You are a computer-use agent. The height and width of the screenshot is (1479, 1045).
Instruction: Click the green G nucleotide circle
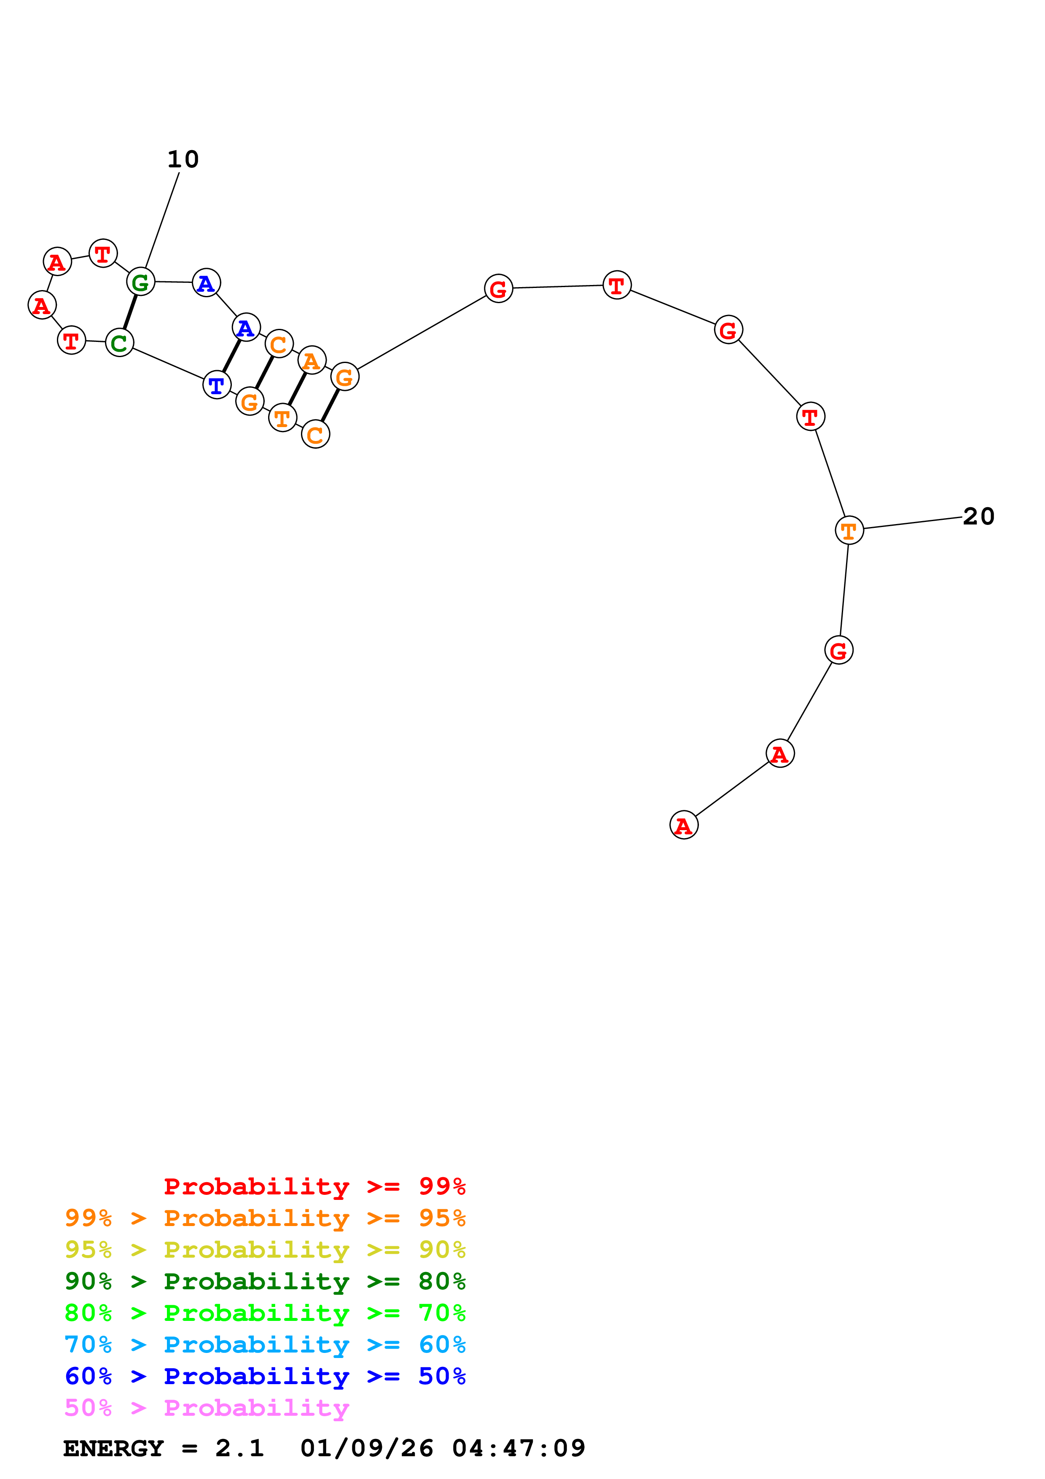[140, 282]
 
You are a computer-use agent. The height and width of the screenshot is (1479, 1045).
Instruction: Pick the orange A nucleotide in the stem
[312, 360]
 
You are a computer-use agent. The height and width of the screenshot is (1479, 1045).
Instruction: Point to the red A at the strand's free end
[683, 825]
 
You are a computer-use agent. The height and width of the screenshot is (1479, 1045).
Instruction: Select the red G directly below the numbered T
[838, 650]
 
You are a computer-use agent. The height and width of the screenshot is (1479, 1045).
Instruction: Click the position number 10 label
[183, 159]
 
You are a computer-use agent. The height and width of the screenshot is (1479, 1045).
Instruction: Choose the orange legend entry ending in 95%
[265, 1218]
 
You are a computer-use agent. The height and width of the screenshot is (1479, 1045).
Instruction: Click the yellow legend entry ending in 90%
[265, 1249]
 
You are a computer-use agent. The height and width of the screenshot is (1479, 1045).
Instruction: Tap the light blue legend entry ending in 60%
[265, 1345]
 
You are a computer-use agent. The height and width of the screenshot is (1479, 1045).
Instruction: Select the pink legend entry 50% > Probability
[207, 1407]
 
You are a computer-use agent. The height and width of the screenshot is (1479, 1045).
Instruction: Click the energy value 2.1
[239, 1448]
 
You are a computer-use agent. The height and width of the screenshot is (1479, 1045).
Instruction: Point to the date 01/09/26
[366, 1448]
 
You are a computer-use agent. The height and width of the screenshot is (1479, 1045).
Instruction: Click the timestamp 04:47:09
[518, 1448]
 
